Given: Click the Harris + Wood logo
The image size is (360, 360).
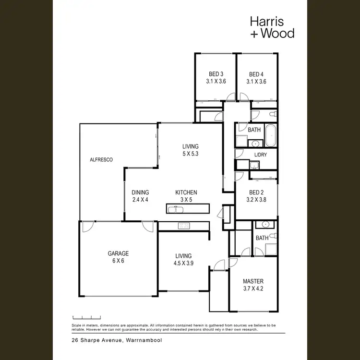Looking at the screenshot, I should point(272,27).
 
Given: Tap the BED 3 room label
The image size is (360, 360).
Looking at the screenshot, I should point(216,74).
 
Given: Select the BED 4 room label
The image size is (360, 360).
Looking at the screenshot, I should point(256,74).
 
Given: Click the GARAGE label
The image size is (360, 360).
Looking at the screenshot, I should point(118,253).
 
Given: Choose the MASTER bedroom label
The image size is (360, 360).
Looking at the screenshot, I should point(253,281).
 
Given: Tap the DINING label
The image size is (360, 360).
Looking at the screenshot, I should point(140,192).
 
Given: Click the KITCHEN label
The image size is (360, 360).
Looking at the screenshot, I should point(186,192).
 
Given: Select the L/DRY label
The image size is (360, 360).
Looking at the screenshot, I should point(260,155).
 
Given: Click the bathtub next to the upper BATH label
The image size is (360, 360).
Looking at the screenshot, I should point(270,136).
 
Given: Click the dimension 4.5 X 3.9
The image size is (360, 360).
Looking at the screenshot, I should point(183,263).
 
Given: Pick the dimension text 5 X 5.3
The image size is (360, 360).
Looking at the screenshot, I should point(190,154).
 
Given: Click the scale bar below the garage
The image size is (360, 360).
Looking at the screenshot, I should point(86,317).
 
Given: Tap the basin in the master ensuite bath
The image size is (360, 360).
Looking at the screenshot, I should point(264,225).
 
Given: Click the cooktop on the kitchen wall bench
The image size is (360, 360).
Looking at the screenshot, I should point(183,225).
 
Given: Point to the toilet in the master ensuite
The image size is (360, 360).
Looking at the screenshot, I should point(272,236).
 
